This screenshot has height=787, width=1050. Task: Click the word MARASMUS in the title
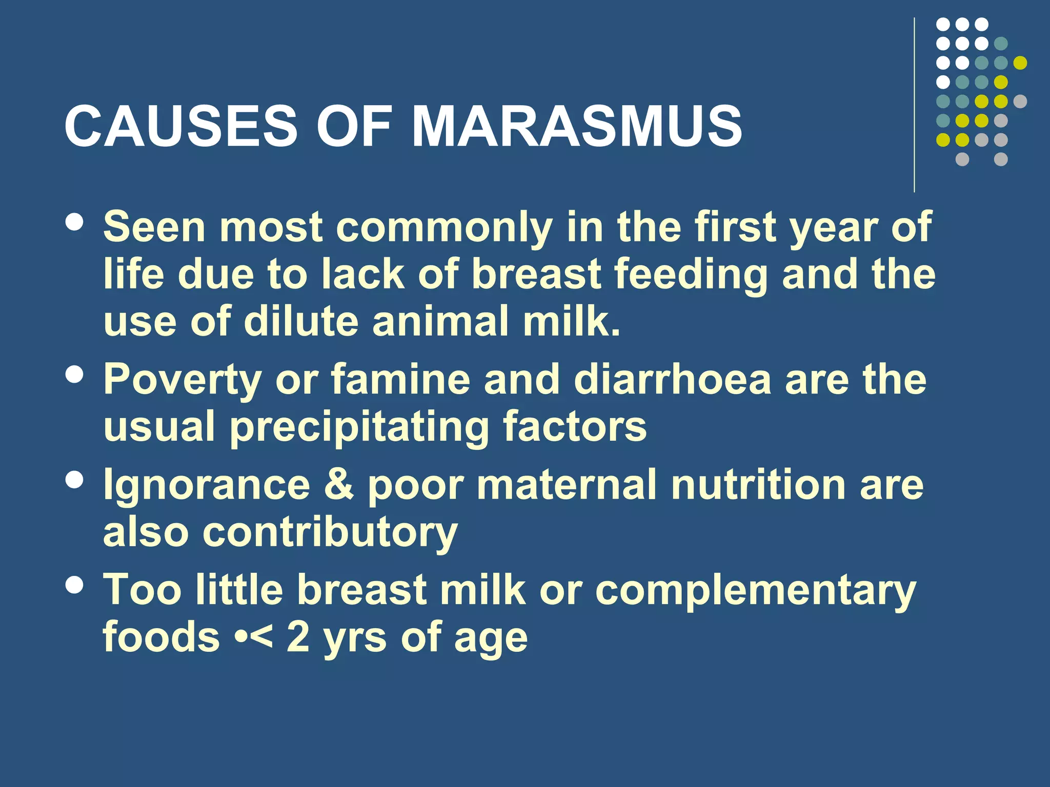point(576,126)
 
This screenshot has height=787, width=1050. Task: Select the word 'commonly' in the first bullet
point(444,228)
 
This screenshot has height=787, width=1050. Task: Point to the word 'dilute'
point(301,322)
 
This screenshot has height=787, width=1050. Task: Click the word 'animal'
point(440,322)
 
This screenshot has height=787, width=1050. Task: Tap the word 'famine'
point(400,379)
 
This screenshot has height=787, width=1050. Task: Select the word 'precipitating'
point(359,427)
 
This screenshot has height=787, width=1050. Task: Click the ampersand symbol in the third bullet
point(339,485)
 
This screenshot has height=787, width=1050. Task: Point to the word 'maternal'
point(567,485)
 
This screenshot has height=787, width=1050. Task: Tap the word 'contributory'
point(331,533)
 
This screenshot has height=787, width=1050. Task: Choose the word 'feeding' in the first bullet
point(691,275)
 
